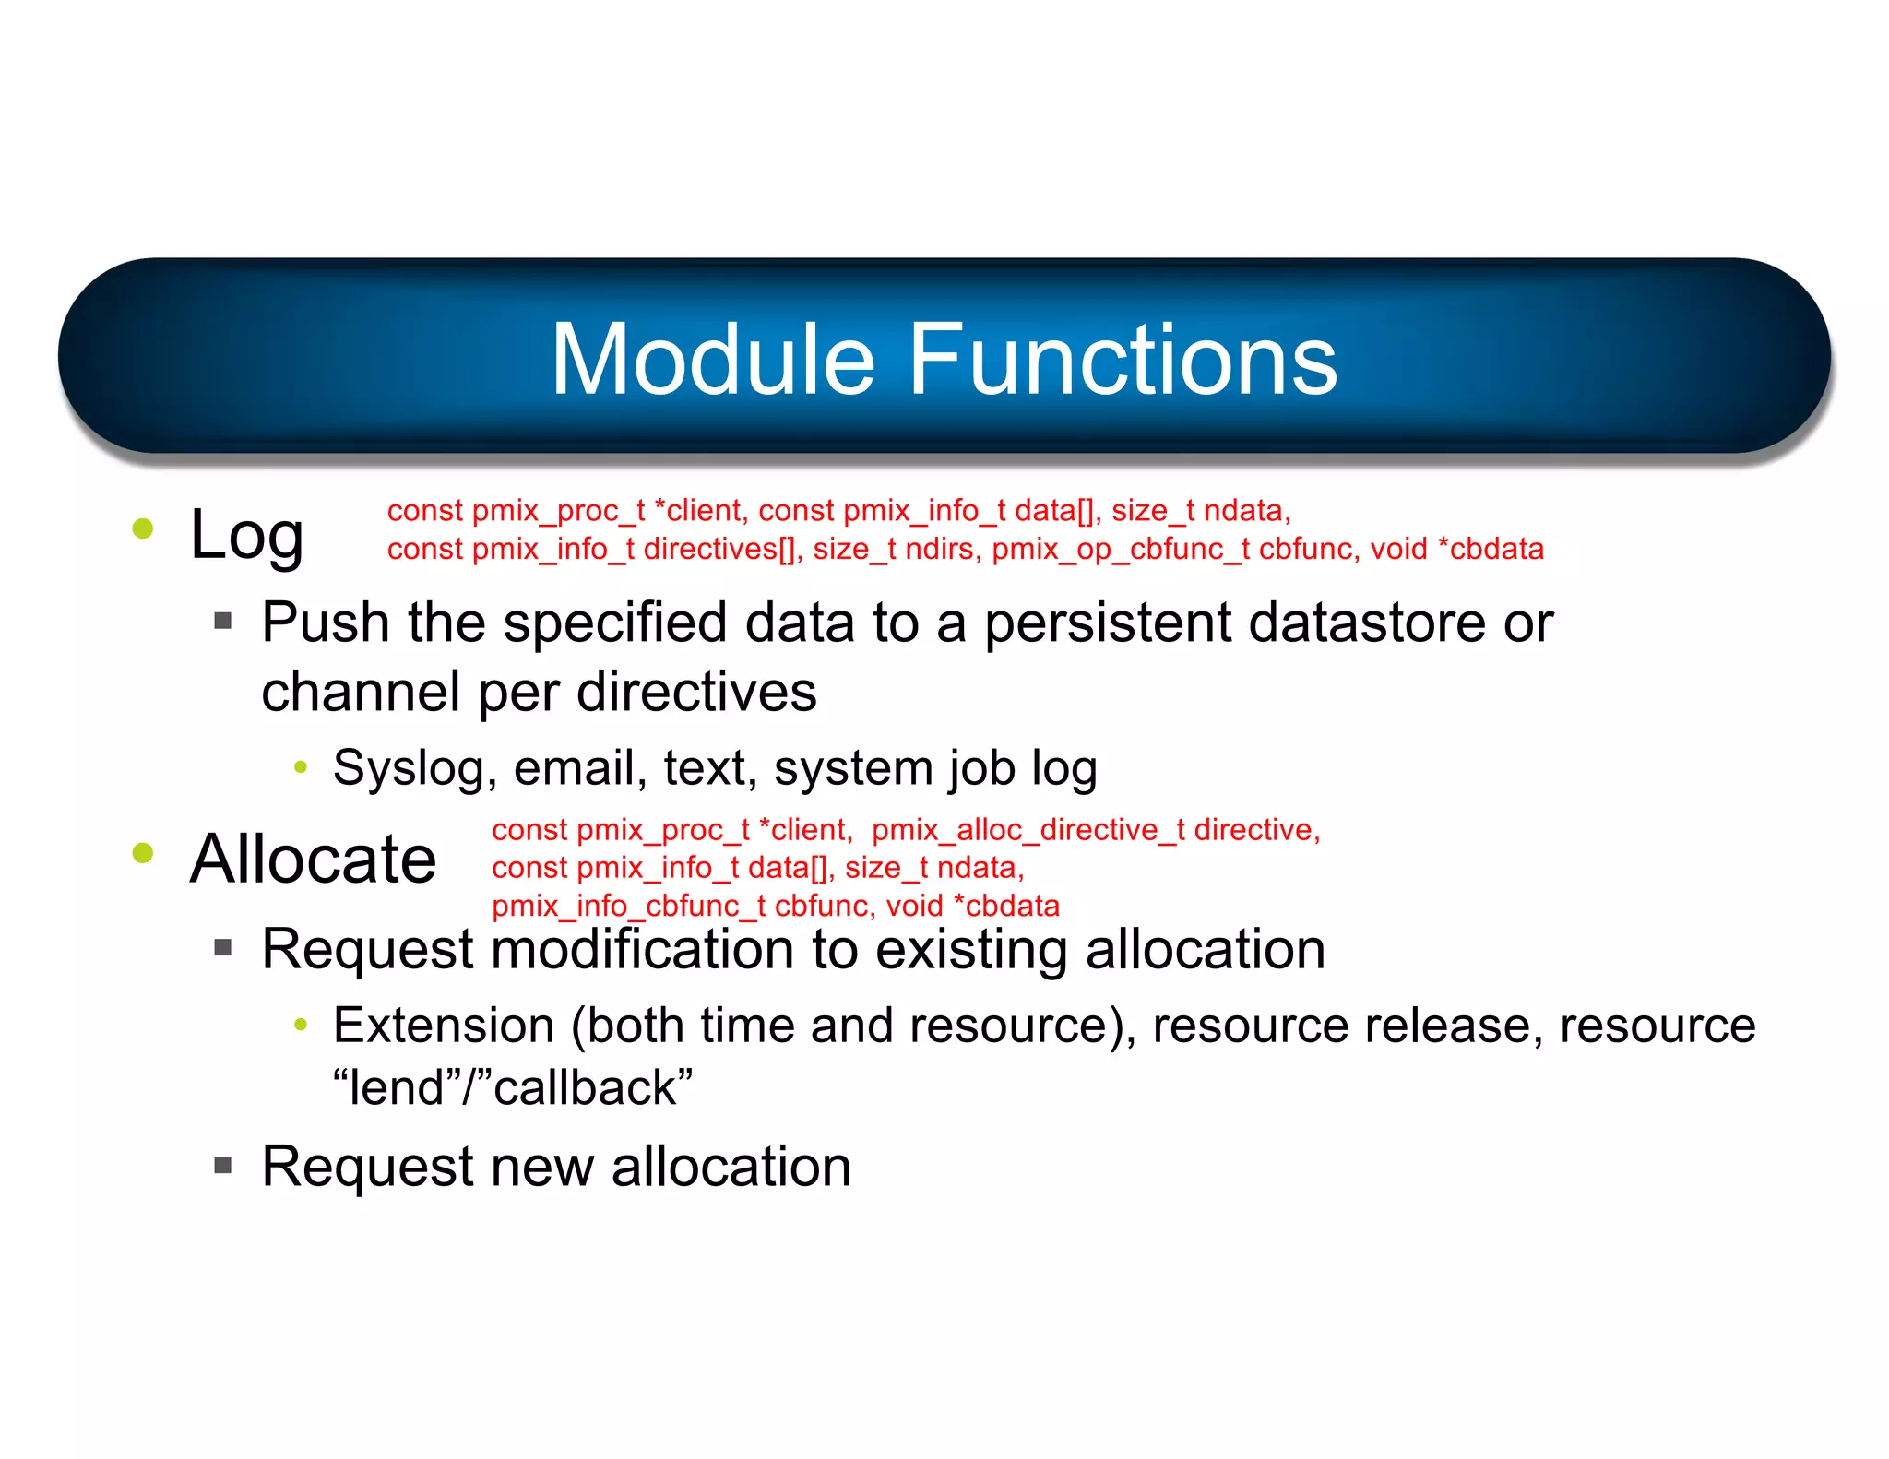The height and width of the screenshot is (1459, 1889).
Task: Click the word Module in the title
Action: (x=712, y=360)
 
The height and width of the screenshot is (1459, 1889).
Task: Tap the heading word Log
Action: (x=246, y=536)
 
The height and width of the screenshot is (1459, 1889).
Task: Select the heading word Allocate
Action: (x=313, y=859)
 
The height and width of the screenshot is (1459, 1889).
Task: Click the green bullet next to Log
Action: (x=143, y=528)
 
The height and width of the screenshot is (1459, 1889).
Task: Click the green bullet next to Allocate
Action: (x=143, y=852)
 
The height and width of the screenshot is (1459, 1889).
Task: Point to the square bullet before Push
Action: (x=222, y=621)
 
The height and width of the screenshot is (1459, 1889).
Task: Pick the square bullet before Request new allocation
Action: (x=222, y=1165)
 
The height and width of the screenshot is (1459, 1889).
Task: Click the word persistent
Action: (x=1107, y=623)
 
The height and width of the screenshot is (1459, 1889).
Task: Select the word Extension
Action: (x=444, y=1026)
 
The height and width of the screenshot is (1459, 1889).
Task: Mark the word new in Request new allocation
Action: (x=542, y=1167)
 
